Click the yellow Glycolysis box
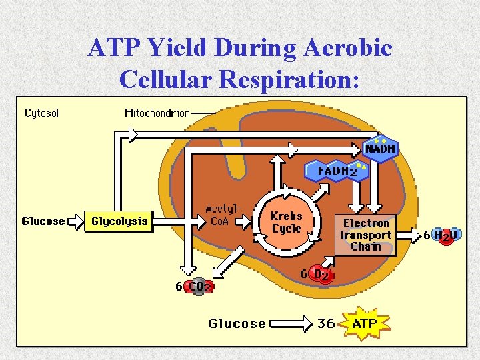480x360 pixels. tap(119, 221)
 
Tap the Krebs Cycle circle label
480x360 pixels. tap(287, 223)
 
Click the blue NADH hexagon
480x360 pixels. tap(381, 149)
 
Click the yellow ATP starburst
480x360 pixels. tap(364, 324)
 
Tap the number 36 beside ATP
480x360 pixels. tap(326, 324)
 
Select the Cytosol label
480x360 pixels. tap(41, 113)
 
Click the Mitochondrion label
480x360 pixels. tap(157, 113)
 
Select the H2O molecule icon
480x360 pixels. tap(446, 235)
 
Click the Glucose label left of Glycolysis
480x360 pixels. tap(43, 221)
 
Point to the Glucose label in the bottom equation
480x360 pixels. tap(237, 324)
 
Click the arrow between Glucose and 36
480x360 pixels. tap(293, 324)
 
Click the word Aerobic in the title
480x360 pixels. tap(347, 48)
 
